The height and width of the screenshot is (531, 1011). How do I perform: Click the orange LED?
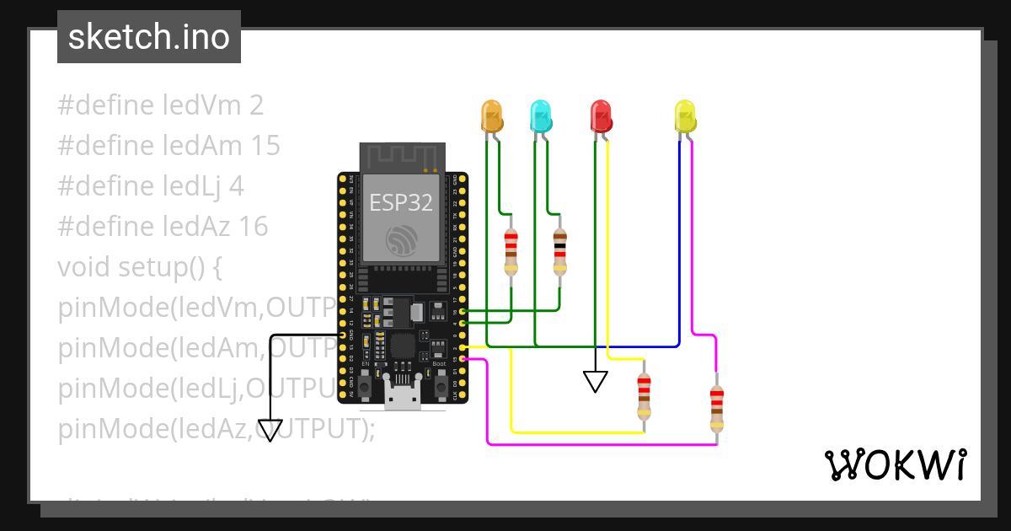click(x=491, y=115)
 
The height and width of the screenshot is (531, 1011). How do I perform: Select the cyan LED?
click(x=540, y=115)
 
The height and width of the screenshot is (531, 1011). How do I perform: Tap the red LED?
click(x=601, y=115)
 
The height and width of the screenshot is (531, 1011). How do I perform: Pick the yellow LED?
click(x=686, y=115)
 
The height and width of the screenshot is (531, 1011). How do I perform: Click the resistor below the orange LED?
click(x=511, y=252)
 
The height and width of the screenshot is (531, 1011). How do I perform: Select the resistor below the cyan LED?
click(x=560, y=252)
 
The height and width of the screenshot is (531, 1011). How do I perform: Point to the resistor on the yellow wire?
click(x=644, y=395)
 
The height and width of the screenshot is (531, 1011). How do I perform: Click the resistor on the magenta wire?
click(x=716, y=407)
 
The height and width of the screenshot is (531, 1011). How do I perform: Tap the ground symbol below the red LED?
click(x=596, y=382)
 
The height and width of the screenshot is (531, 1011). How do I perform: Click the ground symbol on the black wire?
click(x=270, y=431)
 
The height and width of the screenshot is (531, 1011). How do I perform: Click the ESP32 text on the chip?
click(x=401, y=202)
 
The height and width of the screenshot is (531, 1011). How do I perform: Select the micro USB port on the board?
click(x=401, y=395)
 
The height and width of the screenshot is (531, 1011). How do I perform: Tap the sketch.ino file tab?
click(x=149, y=37)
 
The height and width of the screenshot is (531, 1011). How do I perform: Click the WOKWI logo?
click(x=894, y=464)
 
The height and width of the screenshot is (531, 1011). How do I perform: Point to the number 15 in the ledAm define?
click(x=265, y=146)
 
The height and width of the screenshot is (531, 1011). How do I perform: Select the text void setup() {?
click(x=139, y=267)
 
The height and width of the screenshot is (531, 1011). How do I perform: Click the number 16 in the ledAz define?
click(x=253, y=227)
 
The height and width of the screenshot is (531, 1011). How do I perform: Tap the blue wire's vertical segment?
click(x=679, y=244)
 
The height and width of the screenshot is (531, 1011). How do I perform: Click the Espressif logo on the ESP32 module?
click(x=401, y=240)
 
